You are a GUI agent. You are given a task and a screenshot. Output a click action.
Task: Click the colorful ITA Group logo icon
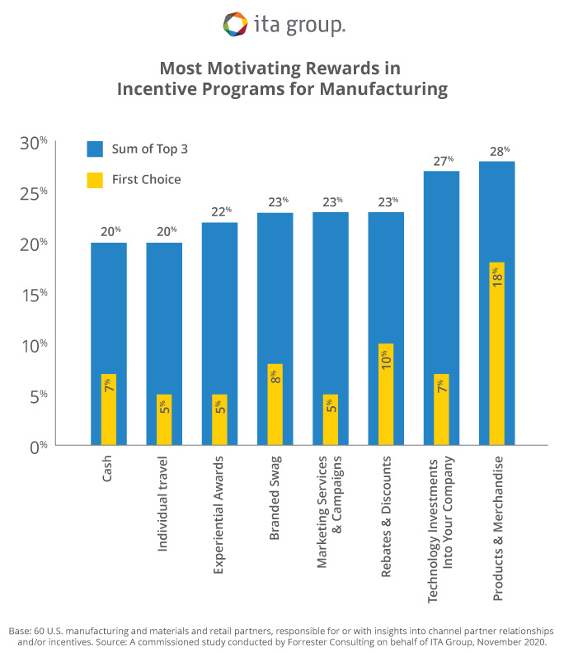(x=235, y=24)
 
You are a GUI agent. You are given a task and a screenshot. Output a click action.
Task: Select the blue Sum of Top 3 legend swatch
(x=95, y=149)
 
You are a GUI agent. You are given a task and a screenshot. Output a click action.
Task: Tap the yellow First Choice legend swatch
(x=95, y=179)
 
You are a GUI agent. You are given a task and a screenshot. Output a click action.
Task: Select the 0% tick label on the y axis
(x=37, y=447)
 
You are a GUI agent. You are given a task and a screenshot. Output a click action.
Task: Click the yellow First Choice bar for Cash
(x=109, y=409)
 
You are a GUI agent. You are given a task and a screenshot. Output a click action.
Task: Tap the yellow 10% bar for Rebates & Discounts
(x=386, y=394)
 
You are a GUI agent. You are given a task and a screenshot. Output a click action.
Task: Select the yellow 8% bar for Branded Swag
(x=275, y=405)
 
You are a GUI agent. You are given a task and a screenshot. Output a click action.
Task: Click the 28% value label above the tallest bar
(x=497, y=151)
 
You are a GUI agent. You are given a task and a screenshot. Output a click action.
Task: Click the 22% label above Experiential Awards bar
(x=220, y=212)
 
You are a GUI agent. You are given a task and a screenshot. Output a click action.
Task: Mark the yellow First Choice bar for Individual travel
(x=164, y=420)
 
